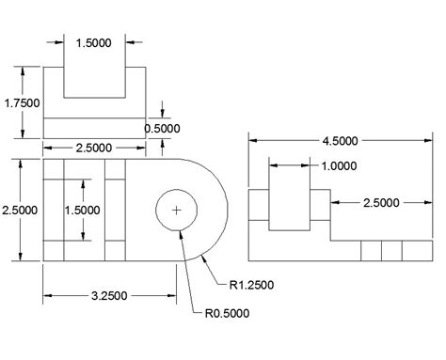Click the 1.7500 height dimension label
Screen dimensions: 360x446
[20, 103]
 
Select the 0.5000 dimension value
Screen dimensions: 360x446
[162, 128]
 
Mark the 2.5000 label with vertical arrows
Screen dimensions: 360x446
[20, 210]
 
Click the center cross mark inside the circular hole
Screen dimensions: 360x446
[176, 210]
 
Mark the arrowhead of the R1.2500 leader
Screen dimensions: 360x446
[201, 257]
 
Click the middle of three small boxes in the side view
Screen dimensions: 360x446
[392, 251]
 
